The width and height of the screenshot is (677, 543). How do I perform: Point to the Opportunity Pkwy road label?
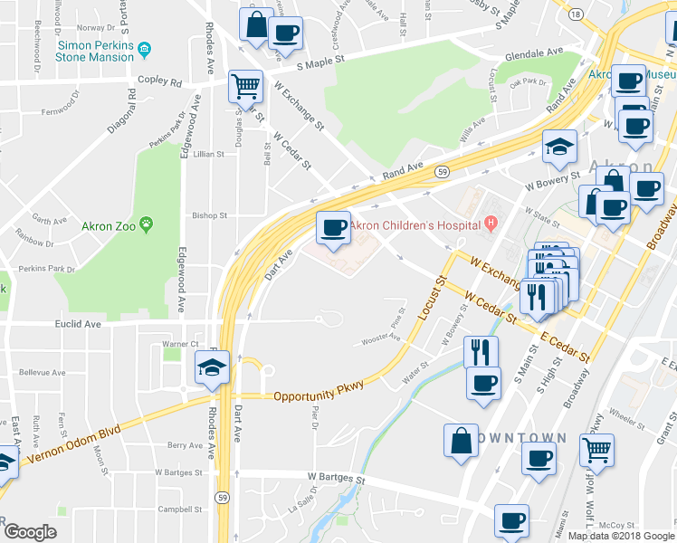tap(319, 395)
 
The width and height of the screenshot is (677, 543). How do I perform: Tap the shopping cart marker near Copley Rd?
tap(245, 87)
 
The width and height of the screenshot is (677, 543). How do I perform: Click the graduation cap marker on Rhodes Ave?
tap(213, 367)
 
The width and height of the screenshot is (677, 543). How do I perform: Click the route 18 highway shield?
tap(576, 15)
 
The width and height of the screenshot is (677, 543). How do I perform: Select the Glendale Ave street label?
tap(534, 53)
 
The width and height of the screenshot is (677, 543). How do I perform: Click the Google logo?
tap(31, 532)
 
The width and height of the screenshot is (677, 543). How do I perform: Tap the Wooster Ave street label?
tap(380, 339)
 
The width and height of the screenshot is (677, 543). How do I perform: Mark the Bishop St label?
tap(209, 216)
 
